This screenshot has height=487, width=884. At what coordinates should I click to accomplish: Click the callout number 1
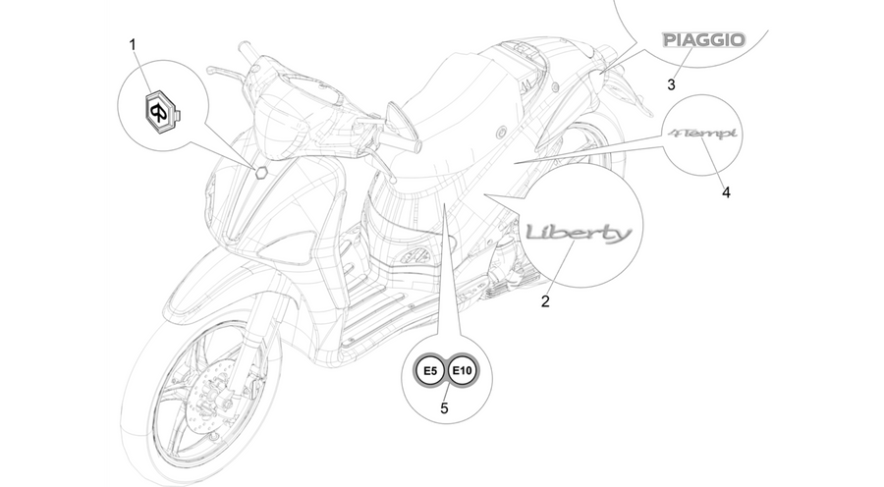pyautogui.click(x=133, y=44)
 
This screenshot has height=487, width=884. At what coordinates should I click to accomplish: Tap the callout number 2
pyautogui.click(x=545, y=301)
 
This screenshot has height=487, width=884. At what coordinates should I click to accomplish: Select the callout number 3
pyautogui.click(x=671, y=85)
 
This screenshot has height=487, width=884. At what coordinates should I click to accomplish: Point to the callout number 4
pyautogui.click(x=726, y=192)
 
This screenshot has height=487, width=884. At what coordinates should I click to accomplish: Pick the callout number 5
pyautogui.click(x=444, y=408)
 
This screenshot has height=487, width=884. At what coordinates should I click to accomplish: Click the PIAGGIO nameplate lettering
pyautogui.click(x=703, y=40)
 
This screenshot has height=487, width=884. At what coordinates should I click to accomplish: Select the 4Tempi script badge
pyautogui.click(x=702, y=134)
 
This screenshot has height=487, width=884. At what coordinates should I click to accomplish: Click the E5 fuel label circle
pyautogui.click(x=430, y=371)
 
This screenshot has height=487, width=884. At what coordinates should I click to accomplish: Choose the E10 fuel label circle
pyautogui.click(x=463, y=371)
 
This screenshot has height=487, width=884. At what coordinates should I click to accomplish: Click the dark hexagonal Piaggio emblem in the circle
pyautogui.click(x=161, y=113)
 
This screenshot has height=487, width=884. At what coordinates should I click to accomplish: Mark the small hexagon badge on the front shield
pyautogui.click(x=260, y=172)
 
